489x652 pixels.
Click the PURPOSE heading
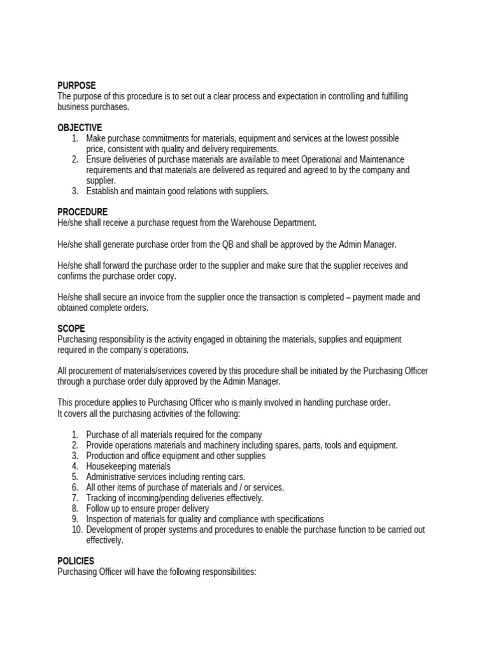[76, 85]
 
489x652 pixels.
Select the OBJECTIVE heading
[80, 128]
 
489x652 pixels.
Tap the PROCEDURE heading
[83, 212]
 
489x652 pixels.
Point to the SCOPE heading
[71, 329]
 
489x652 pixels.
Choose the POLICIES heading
[76, 561]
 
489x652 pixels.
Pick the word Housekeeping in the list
[110, 466]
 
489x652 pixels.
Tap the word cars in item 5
[235, 477]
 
